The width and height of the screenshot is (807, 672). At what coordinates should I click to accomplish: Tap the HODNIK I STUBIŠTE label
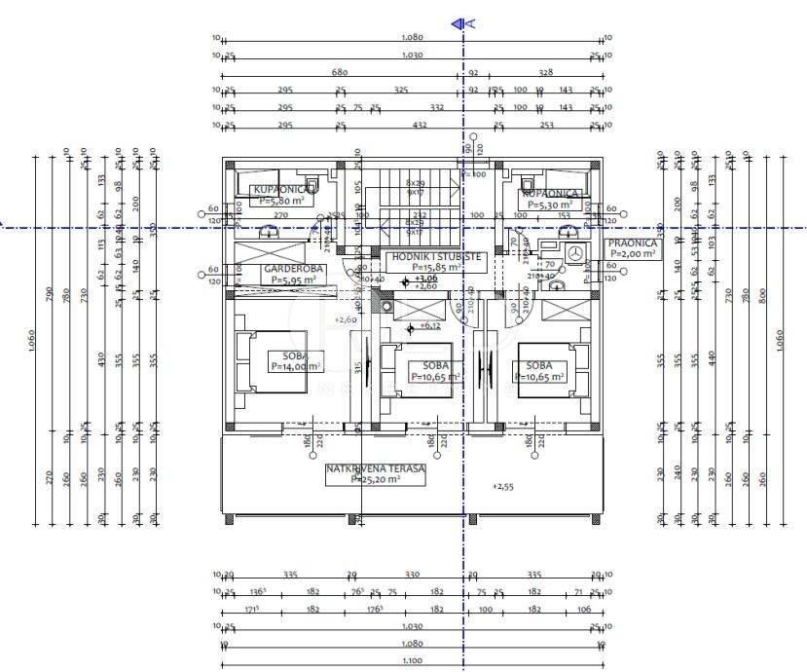435,256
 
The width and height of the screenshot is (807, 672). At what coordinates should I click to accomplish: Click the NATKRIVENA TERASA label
376,468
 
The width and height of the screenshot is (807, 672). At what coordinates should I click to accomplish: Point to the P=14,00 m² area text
296,366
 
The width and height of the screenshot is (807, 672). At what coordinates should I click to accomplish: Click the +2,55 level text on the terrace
502,486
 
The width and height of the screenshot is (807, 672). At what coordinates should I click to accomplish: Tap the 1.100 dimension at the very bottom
412,659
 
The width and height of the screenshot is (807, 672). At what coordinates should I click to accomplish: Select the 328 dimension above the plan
545,72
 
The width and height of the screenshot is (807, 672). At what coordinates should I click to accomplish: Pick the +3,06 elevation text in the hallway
425,278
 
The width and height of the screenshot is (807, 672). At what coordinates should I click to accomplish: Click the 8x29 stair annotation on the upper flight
416,182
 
